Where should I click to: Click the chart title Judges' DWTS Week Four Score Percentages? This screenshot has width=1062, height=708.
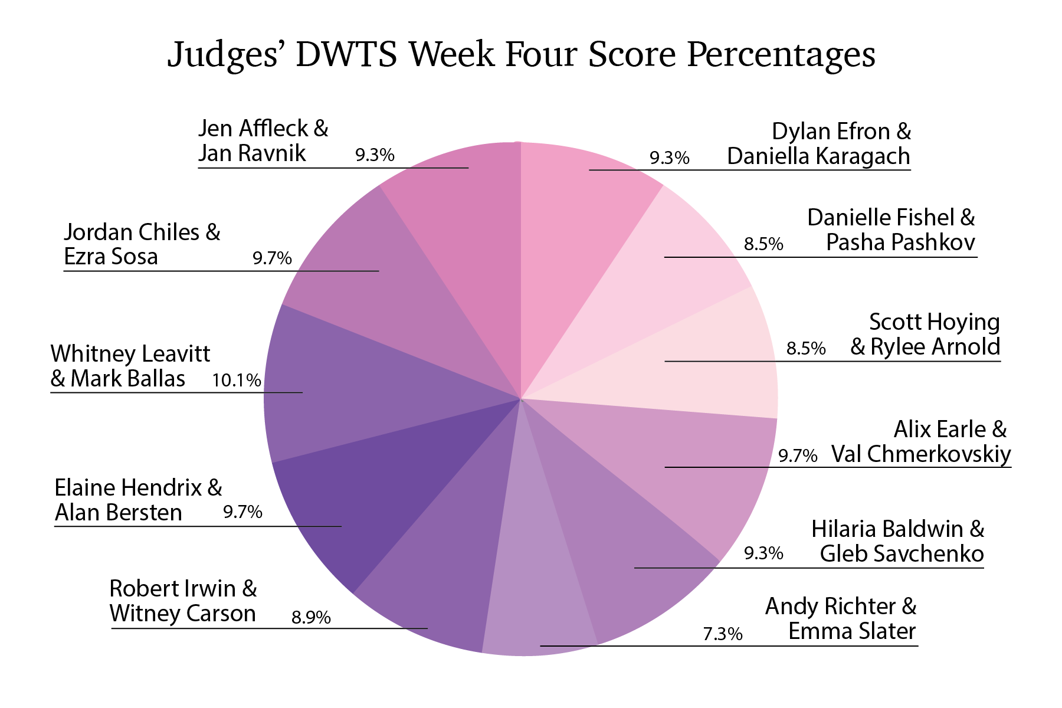[x=521, y=54]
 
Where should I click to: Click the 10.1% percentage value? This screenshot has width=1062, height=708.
[x=237, y=381]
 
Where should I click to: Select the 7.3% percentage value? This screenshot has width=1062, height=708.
[x=722, y=634]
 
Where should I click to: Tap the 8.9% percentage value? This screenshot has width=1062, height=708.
[x=311, y=618]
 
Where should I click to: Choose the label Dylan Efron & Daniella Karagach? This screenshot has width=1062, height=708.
[x=819, y=144]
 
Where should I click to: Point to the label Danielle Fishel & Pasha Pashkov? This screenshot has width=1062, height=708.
[x=891, y=230]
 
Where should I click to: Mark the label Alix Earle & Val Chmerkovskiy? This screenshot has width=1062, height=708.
[x=921, y=442]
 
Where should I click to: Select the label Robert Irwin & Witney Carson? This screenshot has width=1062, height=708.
[x=183, y=601]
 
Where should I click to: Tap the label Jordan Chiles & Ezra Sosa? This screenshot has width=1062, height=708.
[x=142, y=244]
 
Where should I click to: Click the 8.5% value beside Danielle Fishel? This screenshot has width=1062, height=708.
[x=763, y=244]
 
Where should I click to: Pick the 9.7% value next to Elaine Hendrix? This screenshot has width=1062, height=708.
[x=242, y=512]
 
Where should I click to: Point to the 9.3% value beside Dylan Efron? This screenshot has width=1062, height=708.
[x=670, y=158]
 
